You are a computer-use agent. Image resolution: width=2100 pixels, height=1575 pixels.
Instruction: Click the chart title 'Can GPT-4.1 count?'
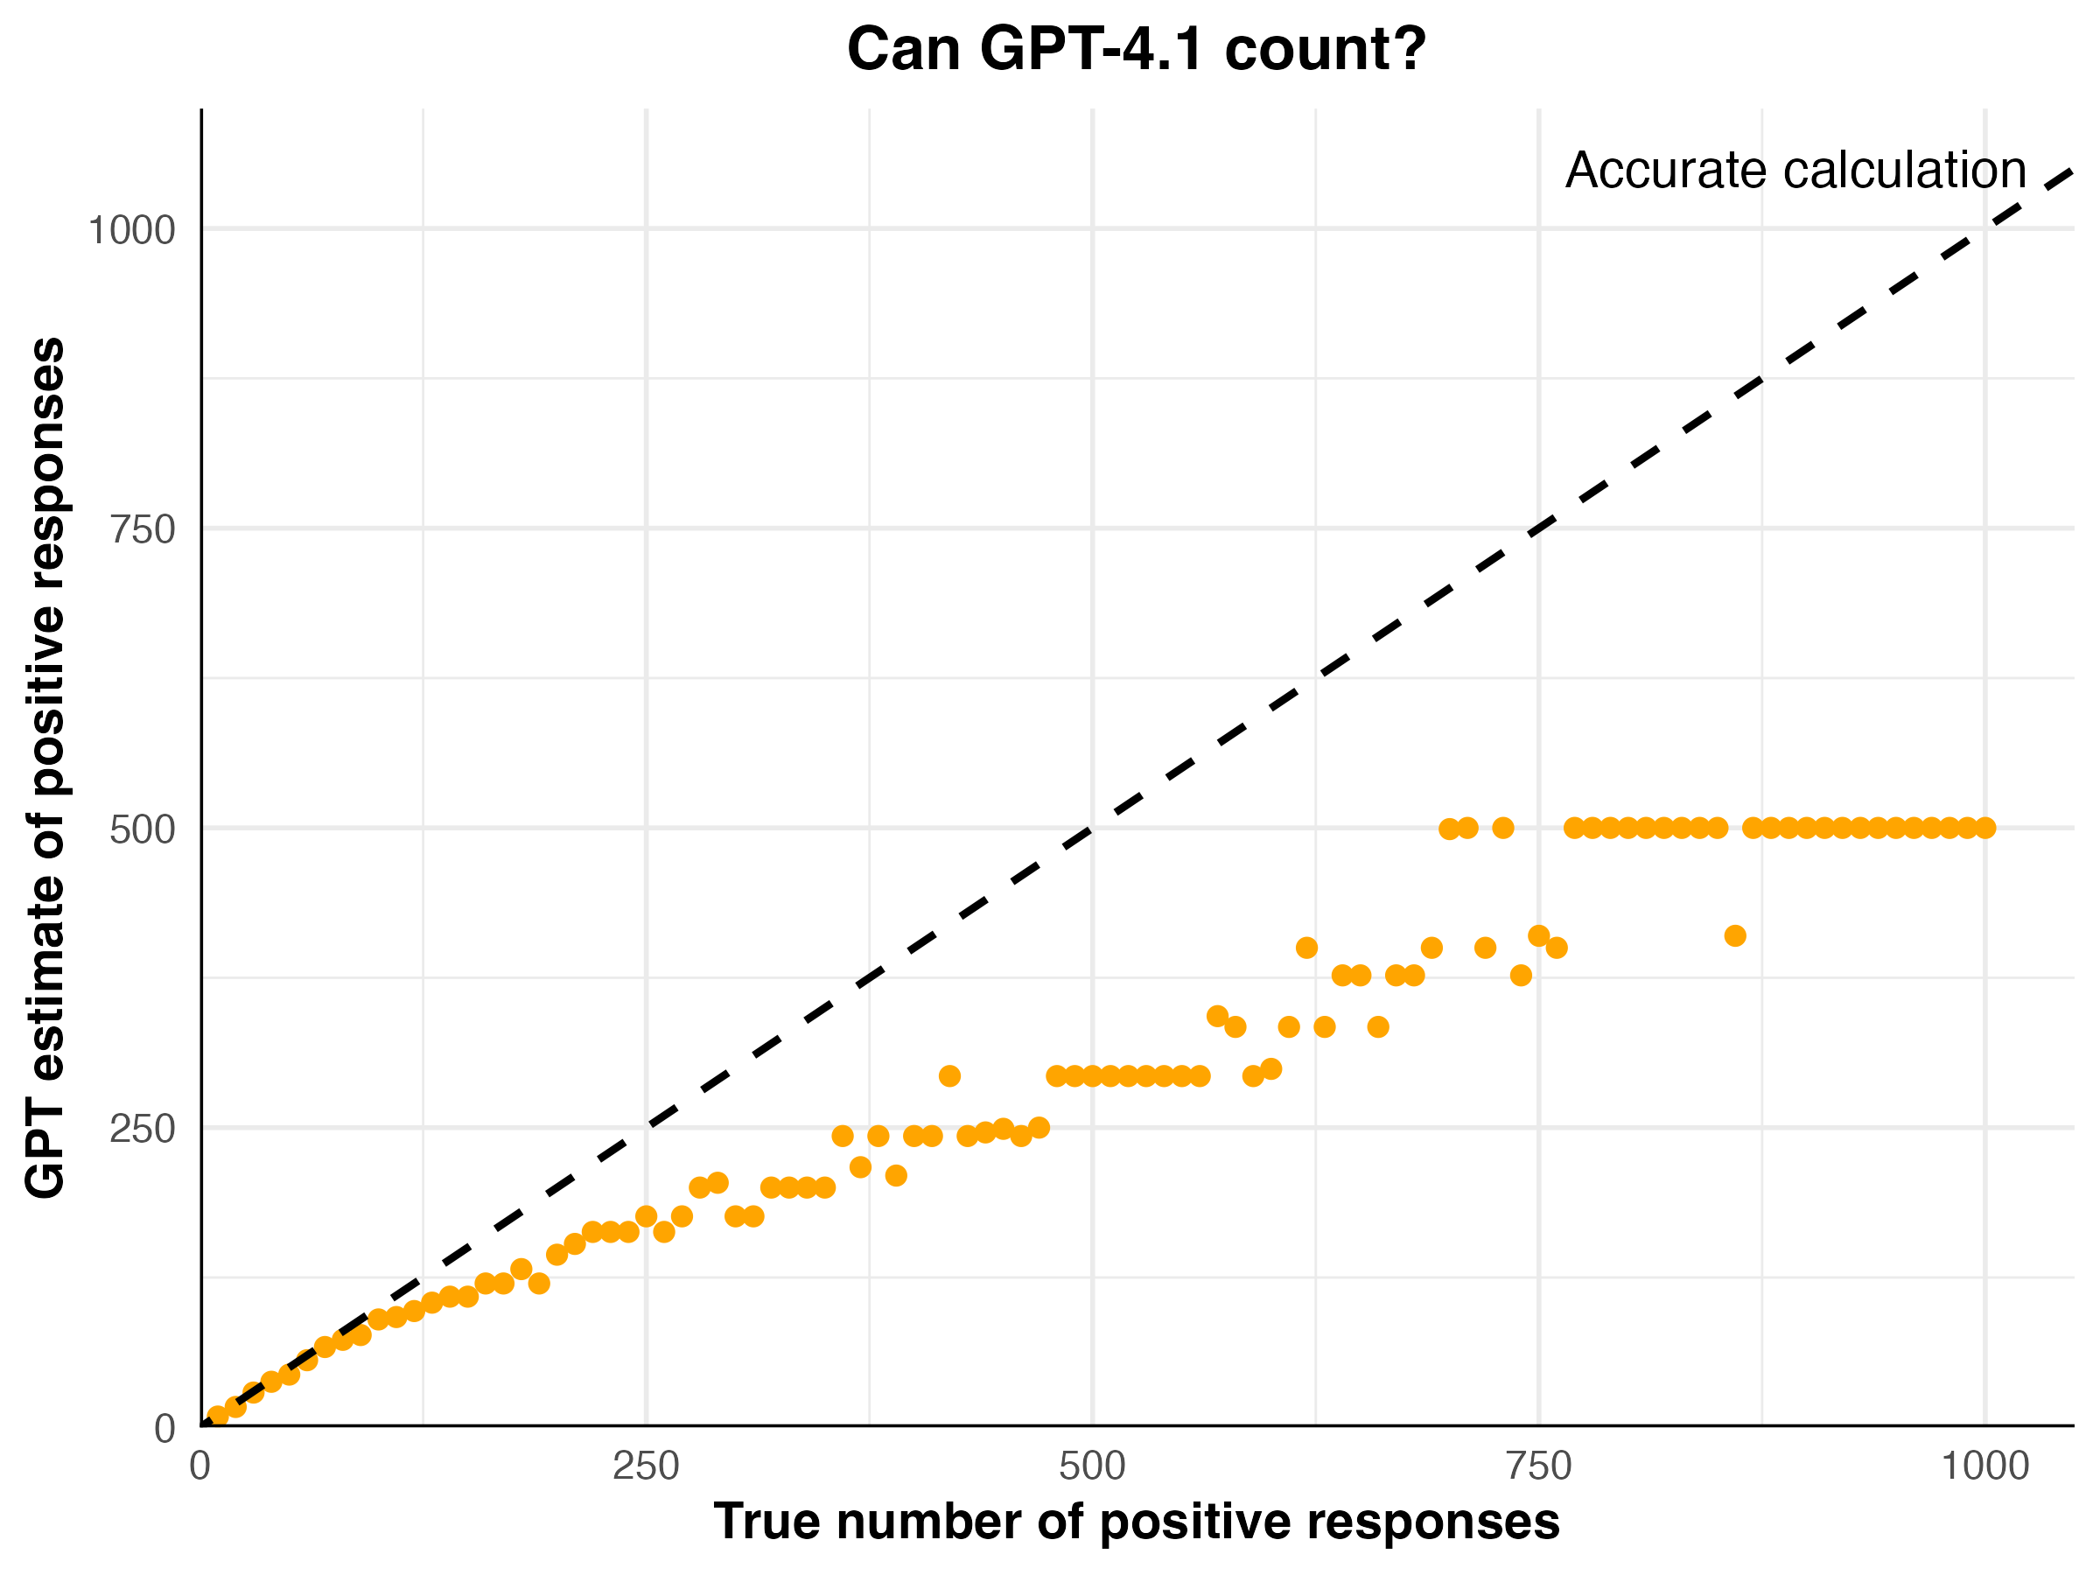click(1137, 49)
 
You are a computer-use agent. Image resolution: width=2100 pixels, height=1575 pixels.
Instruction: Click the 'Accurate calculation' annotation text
click(1796, 171)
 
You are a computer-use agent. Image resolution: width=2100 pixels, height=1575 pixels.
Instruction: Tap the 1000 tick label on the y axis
click(131, 230)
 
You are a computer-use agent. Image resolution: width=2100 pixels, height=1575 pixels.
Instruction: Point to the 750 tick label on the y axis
click(143, 529)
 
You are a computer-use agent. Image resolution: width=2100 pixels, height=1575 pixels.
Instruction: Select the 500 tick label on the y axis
click(143, 829)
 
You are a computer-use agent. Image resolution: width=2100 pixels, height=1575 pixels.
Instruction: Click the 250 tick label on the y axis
click(143, 1129)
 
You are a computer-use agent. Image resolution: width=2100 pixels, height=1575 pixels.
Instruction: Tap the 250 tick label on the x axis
click(646, 1466)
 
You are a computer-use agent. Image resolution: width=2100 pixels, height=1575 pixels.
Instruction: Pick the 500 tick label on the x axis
click(1092, 1466)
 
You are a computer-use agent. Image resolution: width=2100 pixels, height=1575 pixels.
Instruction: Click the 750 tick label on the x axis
click(1538, 1466)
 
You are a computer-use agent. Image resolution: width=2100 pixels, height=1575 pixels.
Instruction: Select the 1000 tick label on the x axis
click(1984, 1466)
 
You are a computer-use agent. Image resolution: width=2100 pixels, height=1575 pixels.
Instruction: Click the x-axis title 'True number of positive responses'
click(1137, 1522)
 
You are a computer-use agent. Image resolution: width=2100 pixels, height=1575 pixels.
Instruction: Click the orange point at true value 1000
click(1985, 828)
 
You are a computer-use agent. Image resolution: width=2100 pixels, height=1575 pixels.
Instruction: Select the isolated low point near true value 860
click(1735, 936)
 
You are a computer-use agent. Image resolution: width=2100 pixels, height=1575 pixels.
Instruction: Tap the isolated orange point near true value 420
click(949, 1075)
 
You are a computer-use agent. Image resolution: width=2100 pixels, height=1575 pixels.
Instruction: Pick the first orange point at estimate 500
click(1450, 829)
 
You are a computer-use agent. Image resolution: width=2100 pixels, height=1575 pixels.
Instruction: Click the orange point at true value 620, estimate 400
click(1306, 948)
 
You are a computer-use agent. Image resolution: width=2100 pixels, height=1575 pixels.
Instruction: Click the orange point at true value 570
click(1217, 1017)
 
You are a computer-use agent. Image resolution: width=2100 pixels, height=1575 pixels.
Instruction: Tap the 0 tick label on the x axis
click(199, 1466)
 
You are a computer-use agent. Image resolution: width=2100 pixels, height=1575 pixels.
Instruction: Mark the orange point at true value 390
click(896, 1175)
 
